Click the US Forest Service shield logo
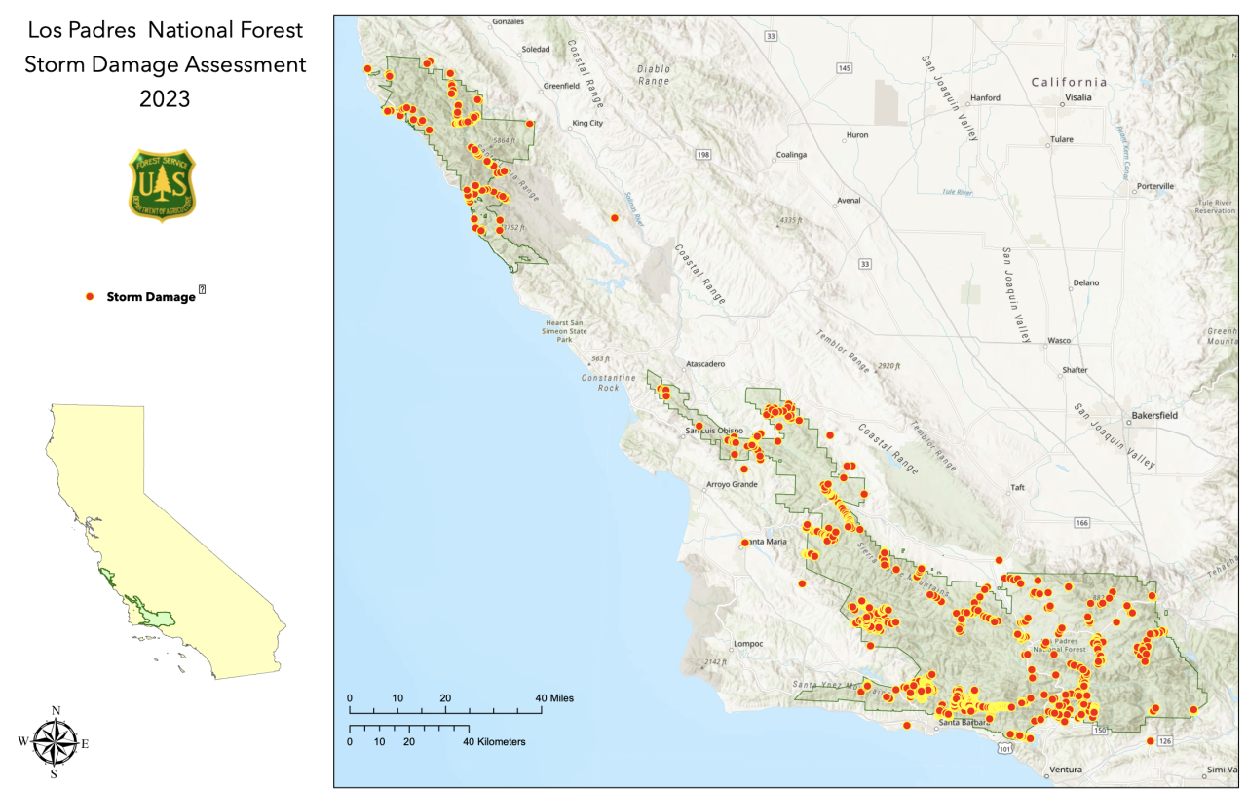162,185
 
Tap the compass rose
53,742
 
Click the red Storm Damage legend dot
90,296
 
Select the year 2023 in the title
165,98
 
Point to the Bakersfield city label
1154,415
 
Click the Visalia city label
1077,97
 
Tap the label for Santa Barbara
962,723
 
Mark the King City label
587,124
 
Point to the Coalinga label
791,155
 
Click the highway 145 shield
844,67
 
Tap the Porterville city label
1154,186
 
